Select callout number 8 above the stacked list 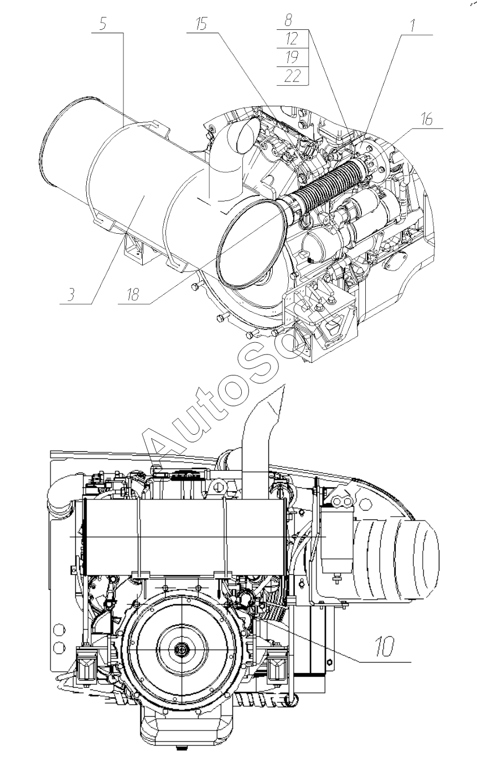[288, 20]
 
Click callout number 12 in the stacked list [292, 39]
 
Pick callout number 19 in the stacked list [292, 57]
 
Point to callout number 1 [413, 26]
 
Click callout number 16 [427, 119]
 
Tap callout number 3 [71, 295]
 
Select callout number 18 [133, 295]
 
